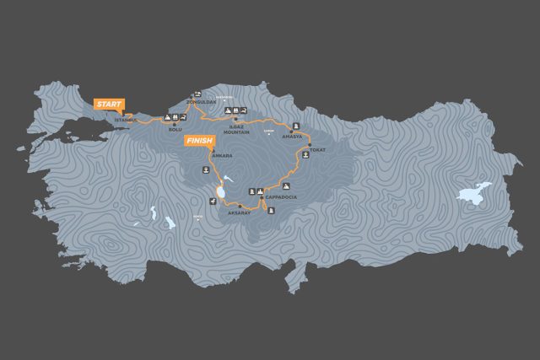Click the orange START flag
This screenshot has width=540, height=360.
(110, 104)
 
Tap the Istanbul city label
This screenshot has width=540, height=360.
(124, 121)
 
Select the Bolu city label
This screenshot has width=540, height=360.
(175, 129)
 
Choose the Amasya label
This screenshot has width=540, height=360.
(292, 135)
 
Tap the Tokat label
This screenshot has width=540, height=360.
(317, 150)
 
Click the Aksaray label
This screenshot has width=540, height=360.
(240, 212)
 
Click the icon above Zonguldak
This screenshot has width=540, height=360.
(197, 94)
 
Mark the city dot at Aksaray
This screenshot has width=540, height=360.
(240, 206)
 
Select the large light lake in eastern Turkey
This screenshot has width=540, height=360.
(474, 193)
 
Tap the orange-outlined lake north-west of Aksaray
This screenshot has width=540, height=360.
(221, 193)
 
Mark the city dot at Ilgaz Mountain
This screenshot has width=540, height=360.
(235, 120)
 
